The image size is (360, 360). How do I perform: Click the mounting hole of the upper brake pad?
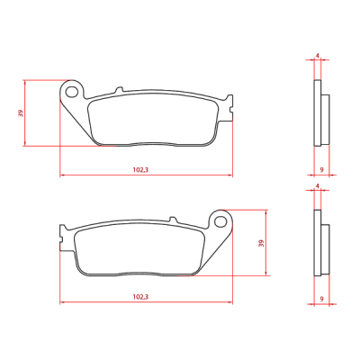[72, 92]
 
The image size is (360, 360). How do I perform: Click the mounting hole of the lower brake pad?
[220, 221]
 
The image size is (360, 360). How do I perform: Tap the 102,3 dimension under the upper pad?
[140, 170]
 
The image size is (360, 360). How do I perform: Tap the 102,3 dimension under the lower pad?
[140, 297]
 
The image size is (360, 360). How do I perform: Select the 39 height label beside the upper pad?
[21, 113]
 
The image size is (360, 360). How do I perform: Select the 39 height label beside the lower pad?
[261, 243]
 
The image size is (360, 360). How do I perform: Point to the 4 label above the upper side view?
[318, 56]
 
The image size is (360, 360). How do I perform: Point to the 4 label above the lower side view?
[318, 186]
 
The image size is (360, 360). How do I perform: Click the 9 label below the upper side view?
[321, 170]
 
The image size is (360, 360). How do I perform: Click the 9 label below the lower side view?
[321, 299]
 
